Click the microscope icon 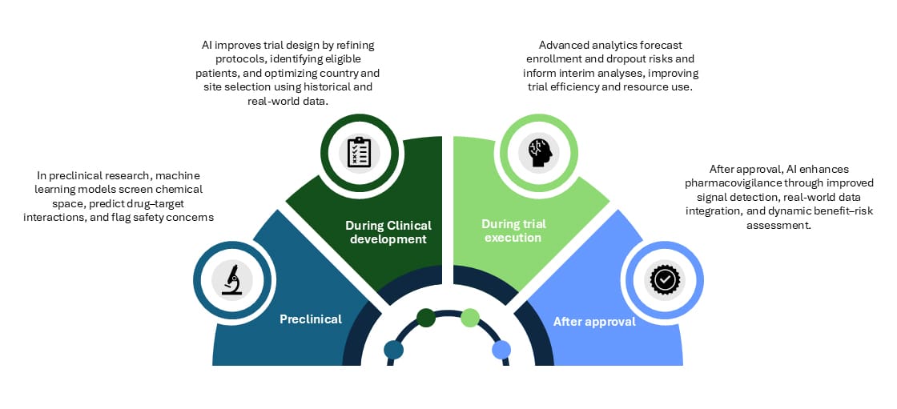(232, 279)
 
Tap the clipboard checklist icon (357, 152)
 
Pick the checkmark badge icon (663, 279)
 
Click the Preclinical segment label (311, 319)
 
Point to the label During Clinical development (388, 232)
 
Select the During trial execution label (511, 231)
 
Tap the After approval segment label (594, 322)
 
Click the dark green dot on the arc (426, 318)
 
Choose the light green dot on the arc (470, 318)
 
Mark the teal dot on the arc (394, 350)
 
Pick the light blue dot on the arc (501, 350)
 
